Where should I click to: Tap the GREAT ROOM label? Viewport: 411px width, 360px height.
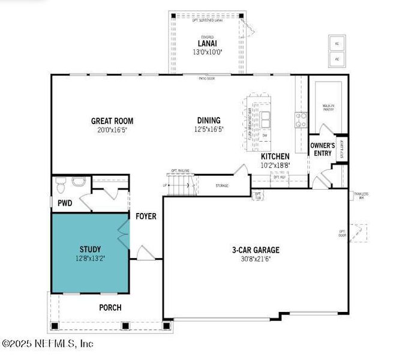[112, 121]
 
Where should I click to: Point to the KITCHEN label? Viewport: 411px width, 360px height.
[275, 156]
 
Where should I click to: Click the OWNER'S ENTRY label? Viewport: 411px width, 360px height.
[322, 149]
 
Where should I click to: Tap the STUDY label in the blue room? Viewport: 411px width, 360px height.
[90, 249]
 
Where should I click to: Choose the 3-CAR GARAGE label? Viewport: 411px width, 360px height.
[256, 250]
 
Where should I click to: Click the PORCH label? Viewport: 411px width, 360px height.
[110, 307]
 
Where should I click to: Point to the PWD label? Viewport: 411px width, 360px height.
[65, 203]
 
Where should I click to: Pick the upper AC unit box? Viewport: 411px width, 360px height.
[337, 43]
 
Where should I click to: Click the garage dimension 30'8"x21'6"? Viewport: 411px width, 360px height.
[256, 259]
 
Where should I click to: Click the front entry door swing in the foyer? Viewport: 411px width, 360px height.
[145, 253]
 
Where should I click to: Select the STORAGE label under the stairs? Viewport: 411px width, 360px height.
[222, 186]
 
